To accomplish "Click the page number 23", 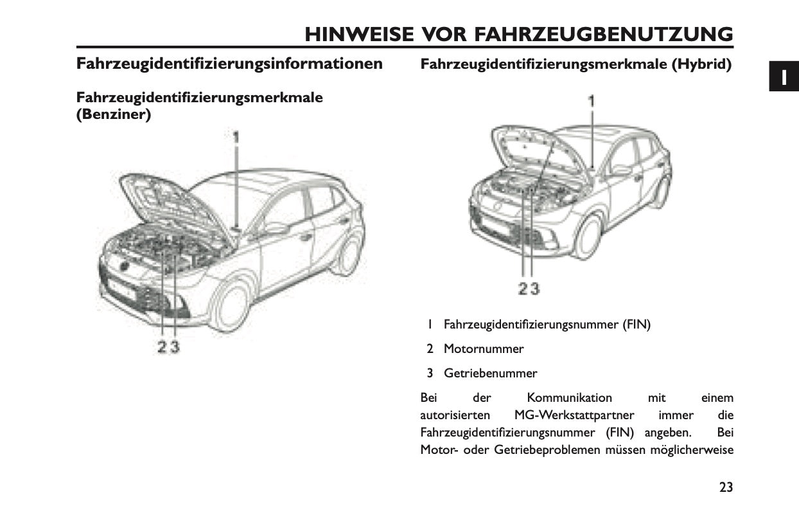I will (726, 487).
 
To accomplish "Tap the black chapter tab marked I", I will (784, 77).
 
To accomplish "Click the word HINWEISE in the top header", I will (359, 34).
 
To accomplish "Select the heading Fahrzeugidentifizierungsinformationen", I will (229, 64).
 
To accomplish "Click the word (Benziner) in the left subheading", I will (114, 115).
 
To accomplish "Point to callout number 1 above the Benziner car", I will (236, 137).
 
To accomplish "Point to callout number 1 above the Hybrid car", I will (592, 100).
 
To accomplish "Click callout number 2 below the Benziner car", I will (162, 347).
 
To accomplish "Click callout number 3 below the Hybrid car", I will (534, 289).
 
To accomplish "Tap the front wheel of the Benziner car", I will (232, 308).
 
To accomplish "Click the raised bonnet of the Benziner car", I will (173, 206).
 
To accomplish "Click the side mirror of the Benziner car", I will (276, 228).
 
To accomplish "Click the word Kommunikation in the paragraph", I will (569, 398).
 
